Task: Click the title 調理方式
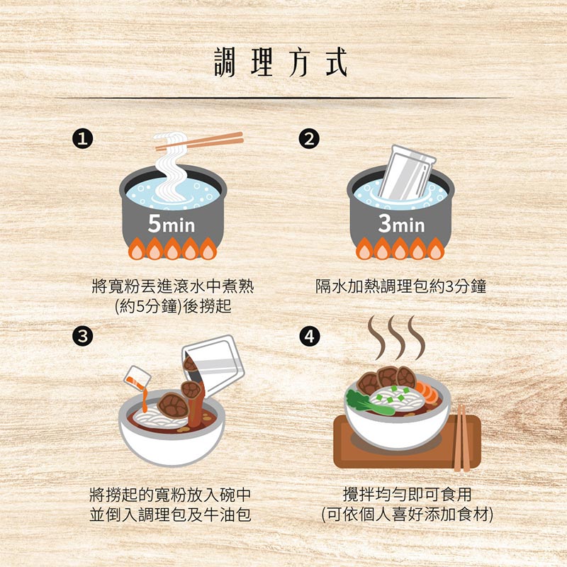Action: (281, 62)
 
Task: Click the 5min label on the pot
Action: (172, 225)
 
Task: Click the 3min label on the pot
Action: (400, 225)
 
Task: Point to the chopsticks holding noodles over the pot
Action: (206, 141)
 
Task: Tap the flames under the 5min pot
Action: (172, 249)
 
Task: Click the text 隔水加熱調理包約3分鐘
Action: (400, 287)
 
